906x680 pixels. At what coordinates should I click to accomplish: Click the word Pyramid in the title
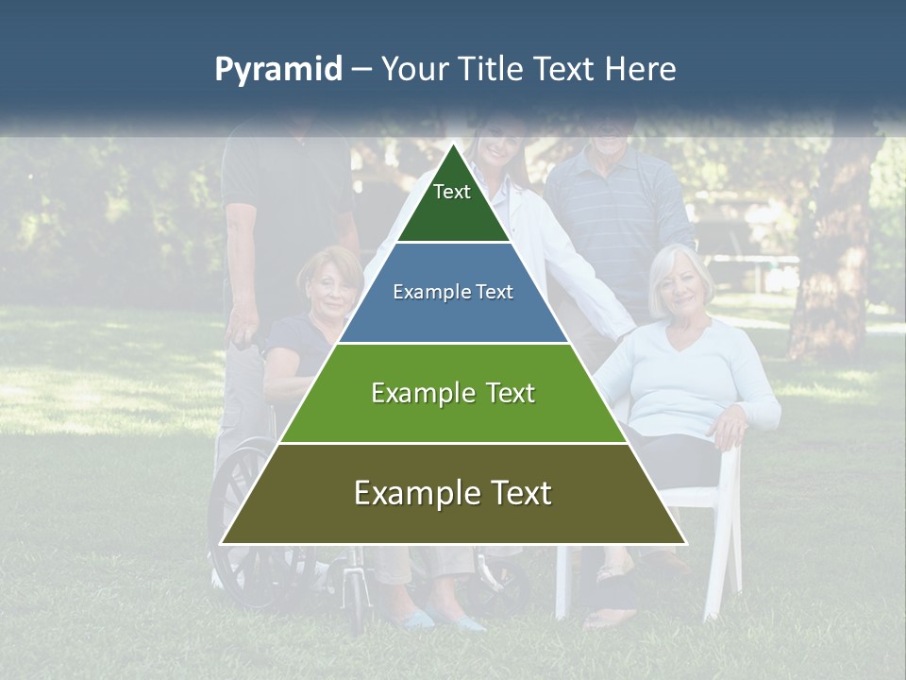click(277, 70)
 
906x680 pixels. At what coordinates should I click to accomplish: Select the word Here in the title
click(641, 70)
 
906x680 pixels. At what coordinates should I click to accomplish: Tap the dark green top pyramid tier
click(453, 212)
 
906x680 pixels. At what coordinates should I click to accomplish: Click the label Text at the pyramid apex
click(452, 192)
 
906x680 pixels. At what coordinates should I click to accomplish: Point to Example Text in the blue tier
click(453, 292)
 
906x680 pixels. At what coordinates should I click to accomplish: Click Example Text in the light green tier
click(453, 393)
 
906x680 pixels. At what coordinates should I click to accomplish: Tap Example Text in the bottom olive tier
click(453, 493)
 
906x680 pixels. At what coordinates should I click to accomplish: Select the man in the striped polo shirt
click(618, 217)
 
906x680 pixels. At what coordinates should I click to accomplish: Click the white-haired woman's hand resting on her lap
click(729, 430)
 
